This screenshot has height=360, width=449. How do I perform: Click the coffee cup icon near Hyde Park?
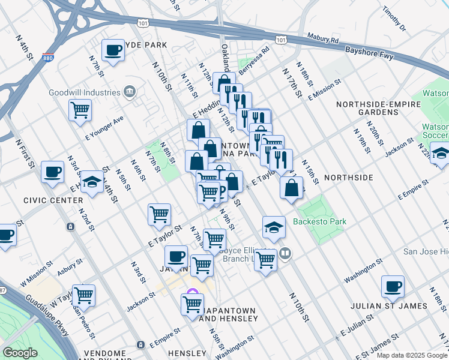click(112, 51)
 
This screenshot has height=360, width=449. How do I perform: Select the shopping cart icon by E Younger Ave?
click(80, 110)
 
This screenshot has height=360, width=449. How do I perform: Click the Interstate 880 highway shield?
click(48, 59)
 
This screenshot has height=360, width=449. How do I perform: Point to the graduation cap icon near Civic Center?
click(91, 182)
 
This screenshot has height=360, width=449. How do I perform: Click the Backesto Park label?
click(319, 221)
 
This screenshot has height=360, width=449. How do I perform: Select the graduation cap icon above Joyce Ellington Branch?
click(274, 227)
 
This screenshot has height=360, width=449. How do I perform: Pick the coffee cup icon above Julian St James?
click(393, 287)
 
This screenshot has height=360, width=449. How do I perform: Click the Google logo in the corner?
click(20, 353)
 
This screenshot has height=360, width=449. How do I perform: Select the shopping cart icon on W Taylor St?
click(83, 295)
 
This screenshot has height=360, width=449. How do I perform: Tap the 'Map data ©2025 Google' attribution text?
click(411, 355)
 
